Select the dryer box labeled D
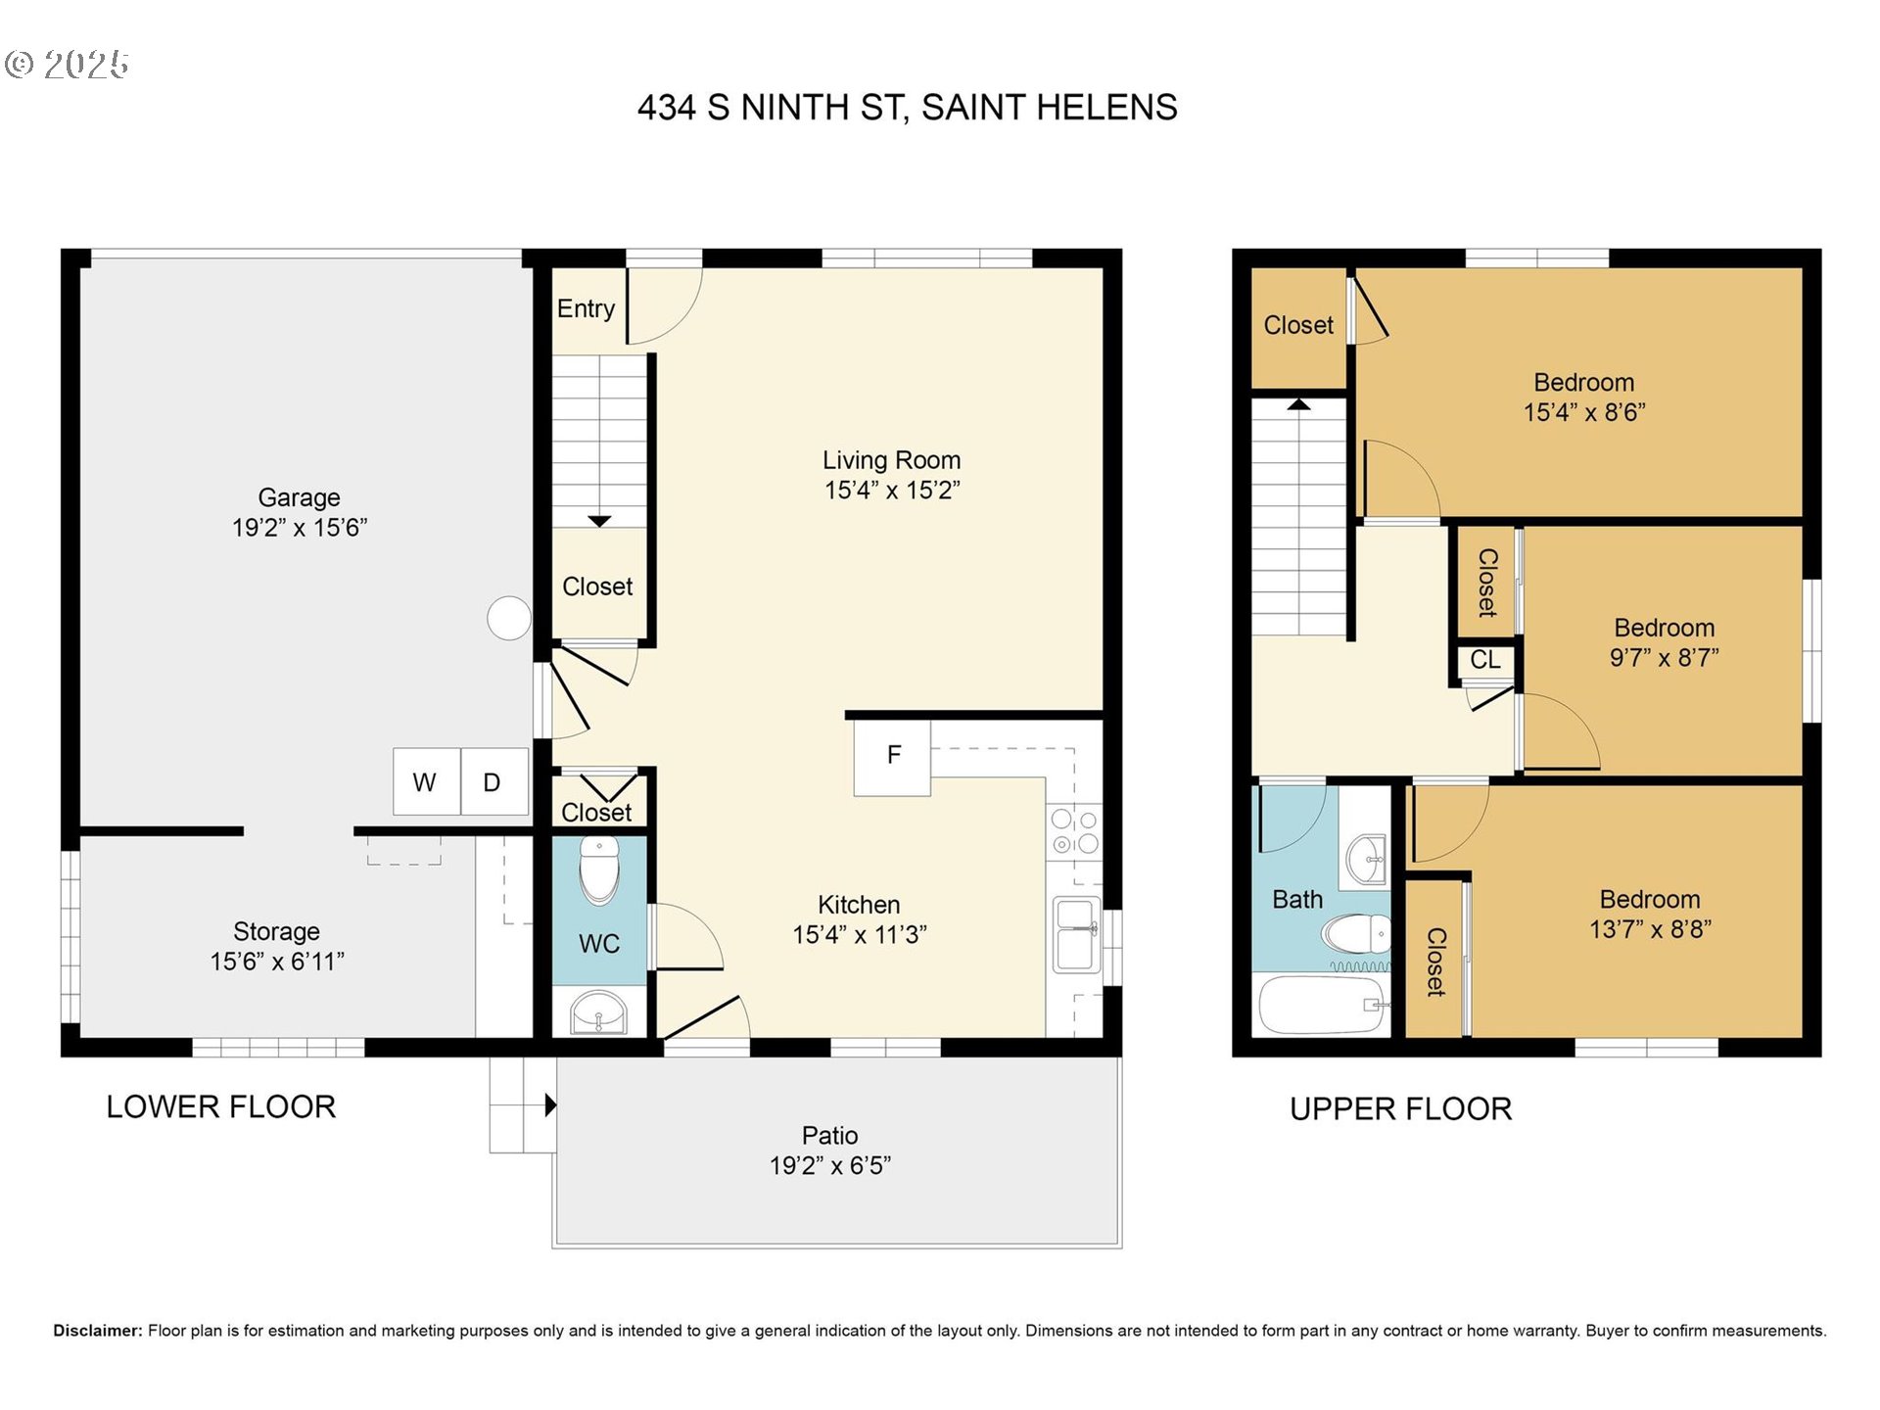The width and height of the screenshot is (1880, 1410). pos(493,781)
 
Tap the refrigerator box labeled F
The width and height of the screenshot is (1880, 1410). pos(892,757)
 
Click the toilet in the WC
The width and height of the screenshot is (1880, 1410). pos(599,870)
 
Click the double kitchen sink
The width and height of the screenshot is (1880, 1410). pos(1076,935)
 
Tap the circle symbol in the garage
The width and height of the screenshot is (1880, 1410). pos(509,618)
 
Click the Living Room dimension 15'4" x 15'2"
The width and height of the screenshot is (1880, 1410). pos(892,491)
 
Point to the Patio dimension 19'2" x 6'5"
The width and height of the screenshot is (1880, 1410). pos(830,1165)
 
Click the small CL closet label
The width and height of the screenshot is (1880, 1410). pos(1484,660)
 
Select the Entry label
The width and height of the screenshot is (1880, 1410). pos(586,308)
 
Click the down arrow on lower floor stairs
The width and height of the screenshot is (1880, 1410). pos(599,522)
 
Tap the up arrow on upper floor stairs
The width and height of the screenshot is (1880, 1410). pos(1298,403)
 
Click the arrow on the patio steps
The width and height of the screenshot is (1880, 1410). pos(550,1105)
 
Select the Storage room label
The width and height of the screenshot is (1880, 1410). pos(276,931)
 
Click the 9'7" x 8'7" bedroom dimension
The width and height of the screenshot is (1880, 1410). pos(1664,658)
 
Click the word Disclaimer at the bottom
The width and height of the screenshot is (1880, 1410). pos(97,1331)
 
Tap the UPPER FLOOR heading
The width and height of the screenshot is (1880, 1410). pos(1400,1108)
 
